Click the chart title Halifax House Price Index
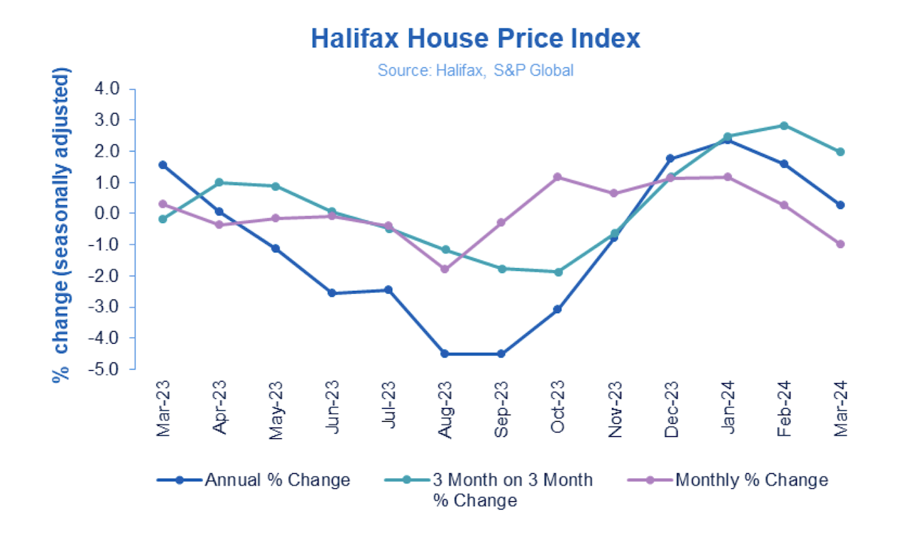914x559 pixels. (475, 38)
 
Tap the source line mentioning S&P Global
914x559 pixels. (476, 71)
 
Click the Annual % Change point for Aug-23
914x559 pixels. (445, 354)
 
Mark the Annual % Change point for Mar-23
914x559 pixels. (163, 165)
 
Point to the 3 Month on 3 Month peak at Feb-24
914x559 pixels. (784, 126)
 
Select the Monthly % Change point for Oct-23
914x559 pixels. (558, 177)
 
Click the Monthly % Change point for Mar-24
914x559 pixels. (840, 244)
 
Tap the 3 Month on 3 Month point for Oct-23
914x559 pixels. (558, 272)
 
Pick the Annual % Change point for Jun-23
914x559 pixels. (332, 293)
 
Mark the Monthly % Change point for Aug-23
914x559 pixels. (445, 269)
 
